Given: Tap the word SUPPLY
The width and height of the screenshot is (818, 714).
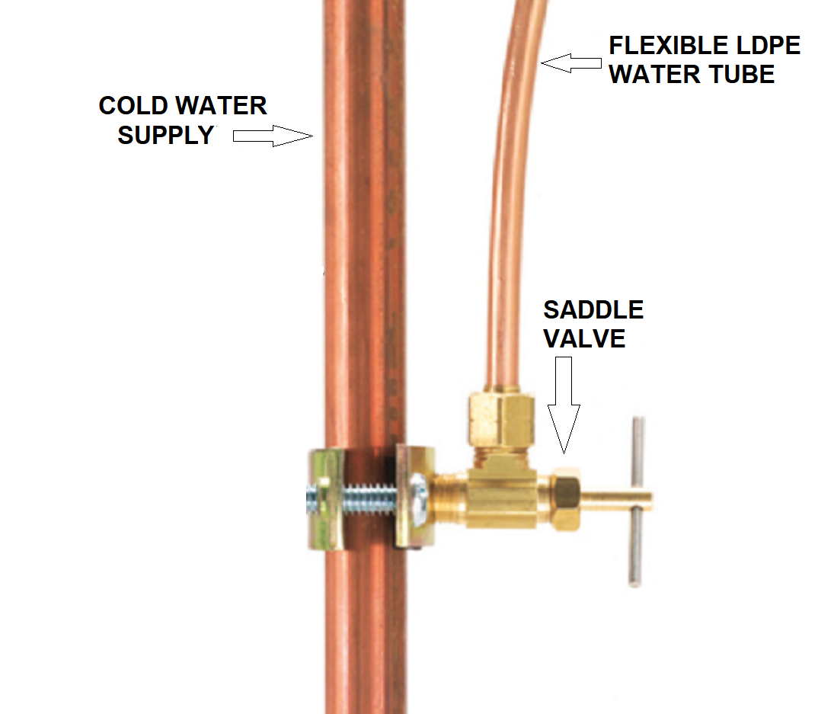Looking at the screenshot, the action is (x=166, y=136).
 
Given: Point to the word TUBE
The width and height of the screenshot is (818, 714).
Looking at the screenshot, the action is (x=743, y=74).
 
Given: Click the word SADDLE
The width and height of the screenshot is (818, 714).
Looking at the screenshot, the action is (x=593, y=310).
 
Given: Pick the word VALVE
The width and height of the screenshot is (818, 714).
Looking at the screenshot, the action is (x=584, y=339).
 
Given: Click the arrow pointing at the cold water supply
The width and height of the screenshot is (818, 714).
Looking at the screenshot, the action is (x=273, y=136).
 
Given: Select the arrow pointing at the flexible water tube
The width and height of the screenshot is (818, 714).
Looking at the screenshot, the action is (x=571, y=63).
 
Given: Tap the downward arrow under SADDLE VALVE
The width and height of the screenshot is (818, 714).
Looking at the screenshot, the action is (x=564, y=405).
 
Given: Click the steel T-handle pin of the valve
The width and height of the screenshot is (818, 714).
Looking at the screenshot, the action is (x=637, y=501).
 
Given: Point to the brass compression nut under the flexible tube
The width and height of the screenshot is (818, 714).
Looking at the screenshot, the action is (x=501, y=417).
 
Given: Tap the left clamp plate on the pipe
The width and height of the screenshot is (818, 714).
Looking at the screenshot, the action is (x=326, y=499).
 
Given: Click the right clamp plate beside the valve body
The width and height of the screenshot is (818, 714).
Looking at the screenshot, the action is (x=415, y=497).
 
